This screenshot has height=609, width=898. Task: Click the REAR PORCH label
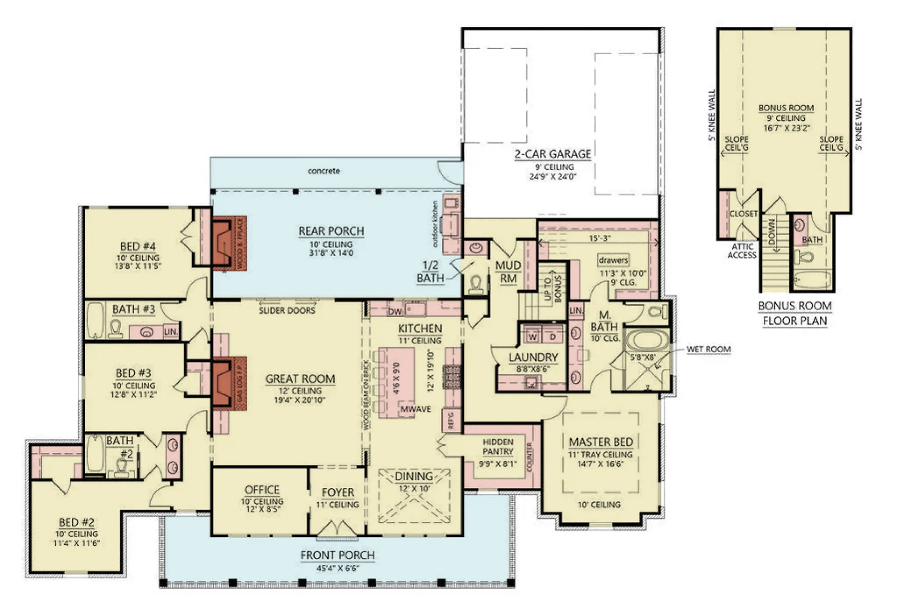331,231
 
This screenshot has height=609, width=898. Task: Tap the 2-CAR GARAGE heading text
552,154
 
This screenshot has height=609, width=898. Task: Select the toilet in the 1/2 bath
475,284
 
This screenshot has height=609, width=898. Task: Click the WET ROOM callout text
709,349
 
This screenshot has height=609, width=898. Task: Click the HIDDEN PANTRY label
497,447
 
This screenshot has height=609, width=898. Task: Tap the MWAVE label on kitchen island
415,409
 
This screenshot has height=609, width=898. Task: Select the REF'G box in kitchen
451,421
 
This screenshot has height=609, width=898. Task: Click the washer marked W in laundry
533,337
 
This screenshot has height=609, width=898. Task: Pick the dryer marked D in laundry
552,337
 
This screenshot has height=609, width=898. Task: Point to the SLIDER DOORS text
287,311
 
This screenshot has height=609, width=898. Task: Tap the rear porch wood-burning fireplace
229,243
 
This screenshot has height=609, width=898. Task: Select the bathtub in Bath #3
95,320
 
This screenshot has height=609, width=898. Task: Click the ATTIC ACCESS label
742,250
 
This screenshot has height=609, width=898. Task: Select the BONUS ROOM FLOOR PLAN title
795,313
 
